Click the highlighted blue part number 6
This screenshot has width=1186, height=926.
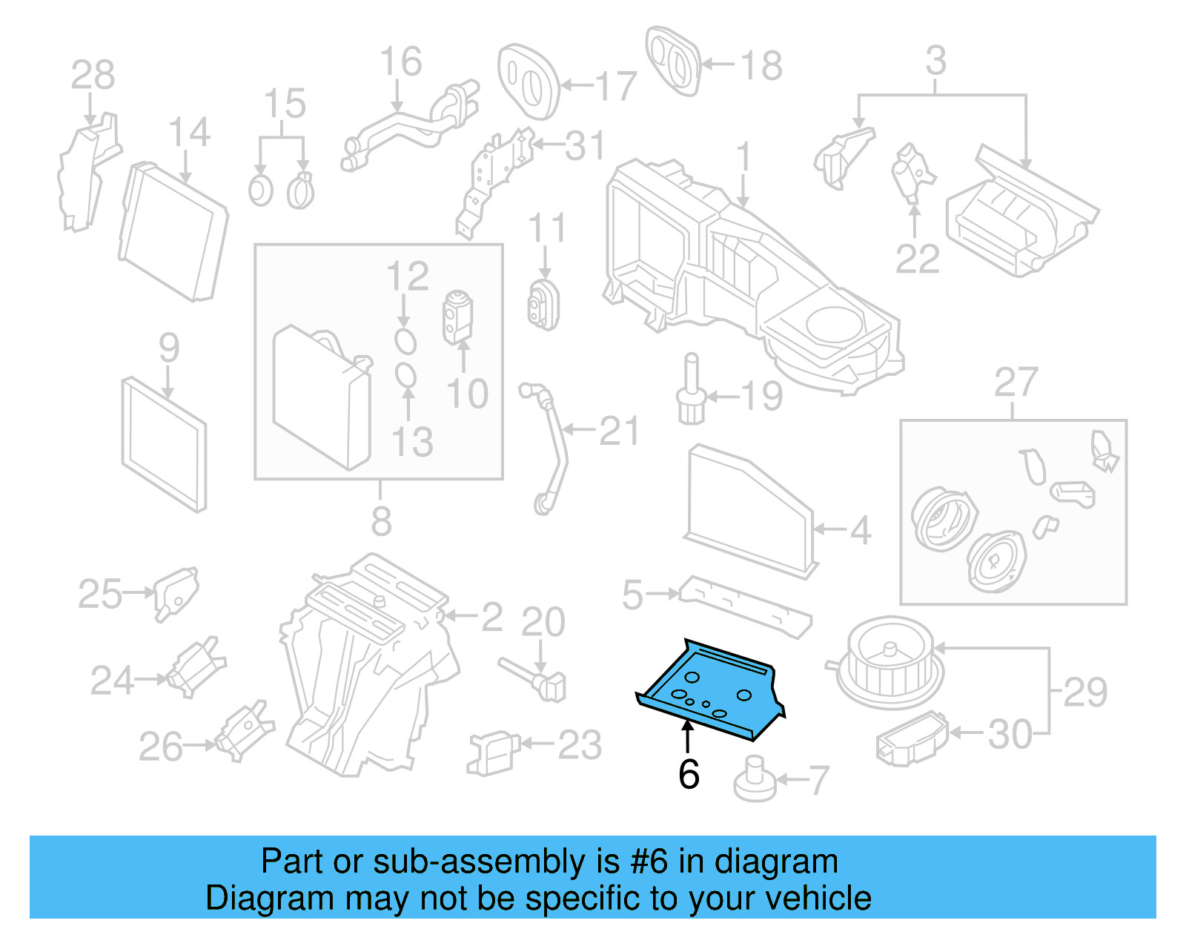(708, 689)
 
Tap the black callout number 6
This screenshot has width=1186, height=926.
(689, 775)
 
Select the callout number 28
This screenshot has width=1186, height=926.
(93, 75)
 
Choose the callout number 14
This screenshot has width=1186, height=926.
(189, 133)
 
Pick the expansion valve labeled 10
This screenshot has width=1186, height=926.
(457, 317)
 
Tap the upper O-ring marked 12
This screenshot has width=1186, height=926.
(405, 341)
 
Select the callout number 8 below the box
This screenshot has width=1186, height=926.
(381, 521)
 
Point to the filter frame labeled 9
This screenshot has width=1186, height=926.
(164, 443)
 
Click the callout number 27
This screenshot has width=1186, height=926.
(1016, 383)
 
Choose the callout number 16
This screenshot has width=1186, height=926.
(400, 62)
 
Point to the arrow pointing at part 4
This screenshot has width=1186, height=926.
(829, 529)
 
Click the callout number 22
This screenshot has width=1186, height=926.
(917, 259)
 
